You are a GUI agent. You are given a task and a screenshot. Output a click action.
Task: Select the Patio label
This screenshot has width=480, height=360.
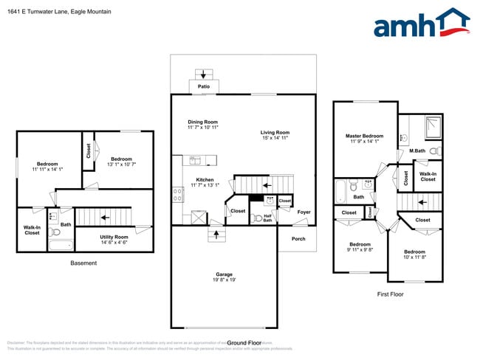coord(204,87)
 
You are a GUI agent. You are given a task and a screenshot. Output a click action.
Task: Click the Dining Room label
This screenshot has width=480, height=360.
coord(202,122)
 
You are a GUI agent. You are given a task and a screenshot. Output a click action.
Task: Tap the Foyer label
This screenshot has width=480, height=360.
coord(304,212)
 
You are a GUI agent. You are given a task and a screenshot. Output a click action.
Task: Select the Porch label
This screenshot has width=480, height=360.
coord(298,238)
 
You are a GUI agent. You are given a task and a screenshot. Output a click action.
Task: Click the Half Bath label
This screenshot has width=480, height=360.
coord(268,218)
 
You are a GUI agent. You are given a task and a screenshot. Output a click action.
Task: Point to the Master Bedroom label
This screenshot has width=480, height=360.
coord(364,136)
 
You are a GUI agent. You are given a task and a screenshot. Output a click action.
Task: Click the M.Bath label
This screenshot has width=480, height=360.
coord(417,151)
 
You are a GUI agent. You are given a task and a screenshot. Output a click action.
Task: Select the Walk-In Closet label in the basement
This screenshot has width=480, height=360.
coord(32,230)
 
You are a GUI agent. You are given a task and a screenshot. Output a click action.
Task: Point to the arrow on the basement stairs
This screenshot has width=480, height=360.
coord(105,218)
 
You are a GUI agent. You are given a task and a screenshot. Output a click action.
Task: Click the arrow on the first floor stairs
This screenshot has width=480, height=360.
coord(421,200)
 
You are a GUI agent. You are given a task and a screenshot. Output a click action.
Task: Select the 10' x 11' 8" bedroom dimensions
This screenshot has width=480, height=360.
coord(414,257)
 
